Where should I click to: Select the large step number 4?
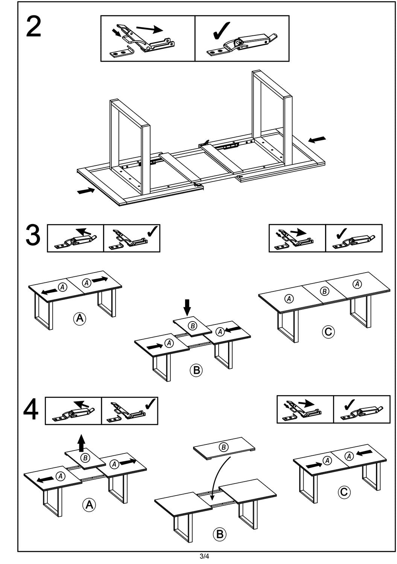[x=31, y=411]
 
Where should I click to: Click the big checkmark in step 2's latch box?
[x=222, y=31]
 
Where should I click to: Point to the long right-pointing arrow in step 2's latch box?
[x=149, y=29]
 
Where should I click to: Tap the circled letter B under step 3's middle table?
[x=196, y=370]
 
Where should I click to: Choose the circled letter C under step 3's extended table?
[x=328, y=332]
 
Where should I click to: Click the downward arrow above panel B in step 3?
[x=187, y=307]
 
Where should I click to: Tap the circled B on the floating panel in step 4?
[x=224, y=447]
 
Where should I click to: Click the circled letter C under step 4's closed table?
[x=344, y=492]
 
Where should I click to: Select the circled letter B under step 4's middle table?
[x=220, y=533]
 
